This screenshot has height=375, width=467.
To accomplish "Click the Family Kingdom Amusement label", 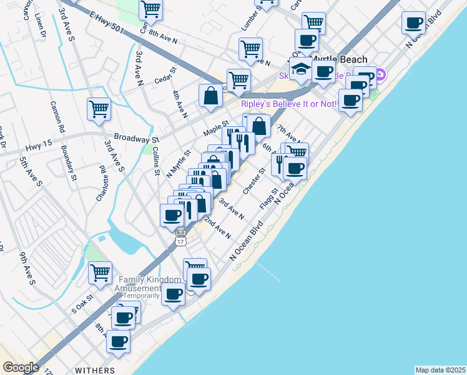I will [x=150, y=284].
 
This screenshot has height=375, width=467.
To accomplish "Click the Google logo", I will [x=21, y=367].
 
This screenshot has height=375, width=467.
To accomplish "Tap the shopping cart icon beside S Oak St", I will [x=100, y=272].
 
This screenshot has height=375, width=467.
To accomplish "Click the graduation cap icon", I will [x=301, y=68].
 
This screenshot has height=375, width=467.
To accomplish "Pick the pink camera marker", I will [x=379, y=76].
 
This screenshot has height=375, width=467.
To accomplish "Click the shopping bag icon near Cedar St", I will [x=211, y=95].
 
